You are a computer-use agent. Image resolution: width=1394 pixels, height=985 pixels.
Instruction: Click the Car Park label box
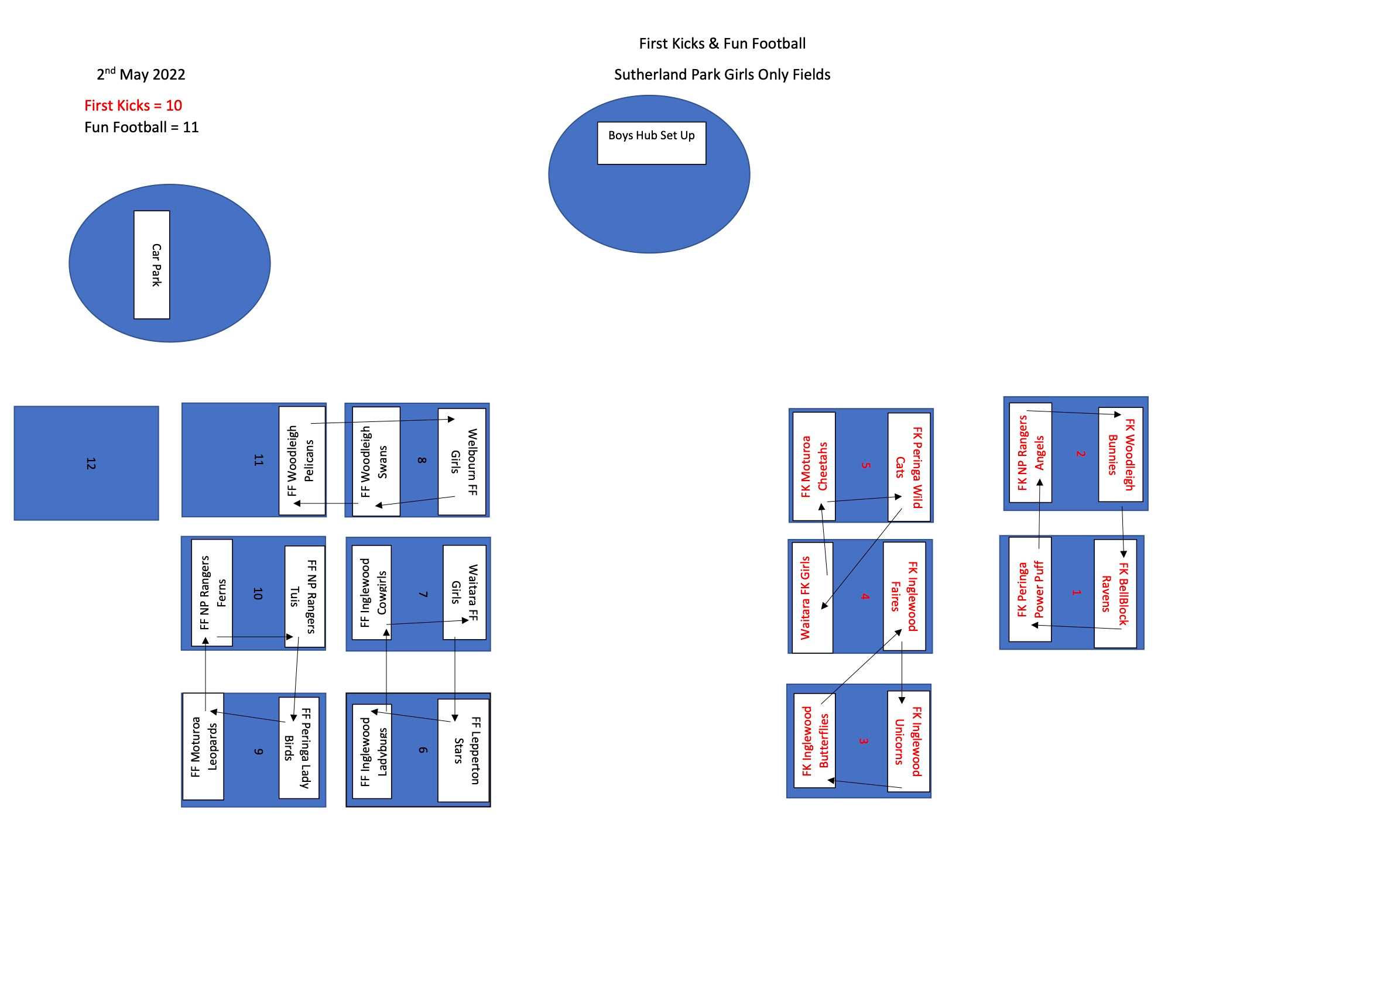pos(152,265)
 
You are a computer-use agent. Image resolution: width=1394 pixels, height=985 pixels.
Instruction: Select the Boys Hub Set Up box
pos(652,143)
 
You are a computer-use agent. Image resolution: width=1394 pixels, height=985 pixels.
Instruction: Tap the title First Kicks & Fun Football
pos(722,44)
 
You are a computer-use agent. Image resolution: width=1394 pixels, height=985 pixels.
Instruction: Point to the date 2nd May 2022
pos(141,75)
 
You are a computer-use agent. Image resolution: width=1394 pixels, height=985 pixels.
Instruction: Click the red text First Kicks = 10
pos(133,105)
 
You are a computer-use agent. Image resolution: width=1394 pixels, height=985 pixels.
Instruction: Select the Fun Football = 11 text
pos(142,128)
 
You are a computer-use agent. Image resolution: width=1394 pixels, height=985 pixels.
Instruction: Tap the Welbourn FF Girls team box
pos(462,462)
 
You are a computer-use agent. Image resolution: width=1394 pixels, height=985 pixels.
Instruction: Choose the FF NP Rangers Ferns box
pos(212,593)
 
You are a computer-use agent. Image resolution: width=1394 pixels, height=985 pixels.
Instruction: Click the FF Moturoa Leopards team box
pos(203,746)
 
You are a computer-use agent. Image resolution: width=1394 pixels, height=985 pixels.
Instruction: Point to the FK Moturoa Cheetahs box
pos(814,466)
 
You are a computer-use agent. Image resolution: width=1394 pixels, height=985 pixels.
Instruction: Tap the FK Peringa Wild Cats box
pos(909,466)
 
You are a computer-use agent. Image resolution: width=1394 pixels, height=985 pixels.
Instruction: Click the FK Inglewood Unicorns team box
pos(908,741)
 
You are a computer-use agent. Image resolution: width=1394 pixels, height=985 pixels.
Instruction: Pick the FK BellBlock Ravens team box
pos(1115,593)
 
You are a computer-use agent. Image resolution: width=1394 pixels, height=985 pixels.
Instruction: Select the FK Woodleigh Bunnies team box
pos(1121,455)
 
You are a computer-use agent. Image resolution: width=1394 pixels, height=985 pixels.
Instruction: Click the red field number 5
pos(866,465)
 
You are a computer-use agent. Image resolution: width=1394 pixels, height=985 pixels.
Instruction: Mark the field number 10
pos(258,593)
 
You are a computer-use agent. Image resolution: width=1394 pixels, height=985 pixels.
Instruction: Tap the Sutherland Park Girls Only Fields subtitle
pos(722,75)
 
